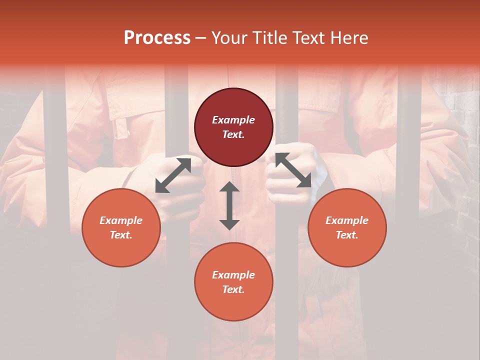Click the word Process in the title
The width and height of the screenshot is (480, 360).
pos(157,38)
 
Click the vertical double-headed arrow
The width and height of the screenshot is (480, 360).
pos(229,205)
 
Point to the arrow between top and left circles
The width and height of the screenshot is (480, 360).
pos(173,175)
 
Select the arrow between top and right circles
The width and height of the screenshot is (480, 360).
pos(293,170)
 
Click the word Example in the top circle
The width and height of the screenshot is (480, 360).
pos(233,120)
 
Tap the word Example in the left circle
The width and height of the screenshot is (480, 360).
pos(121,220)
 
